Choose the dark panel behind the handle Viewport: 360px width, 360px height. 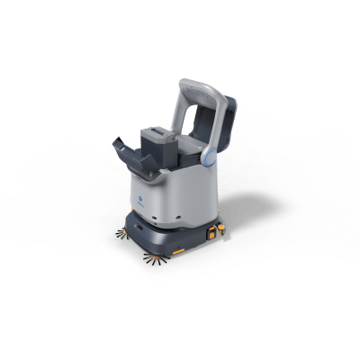[226, 126]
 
